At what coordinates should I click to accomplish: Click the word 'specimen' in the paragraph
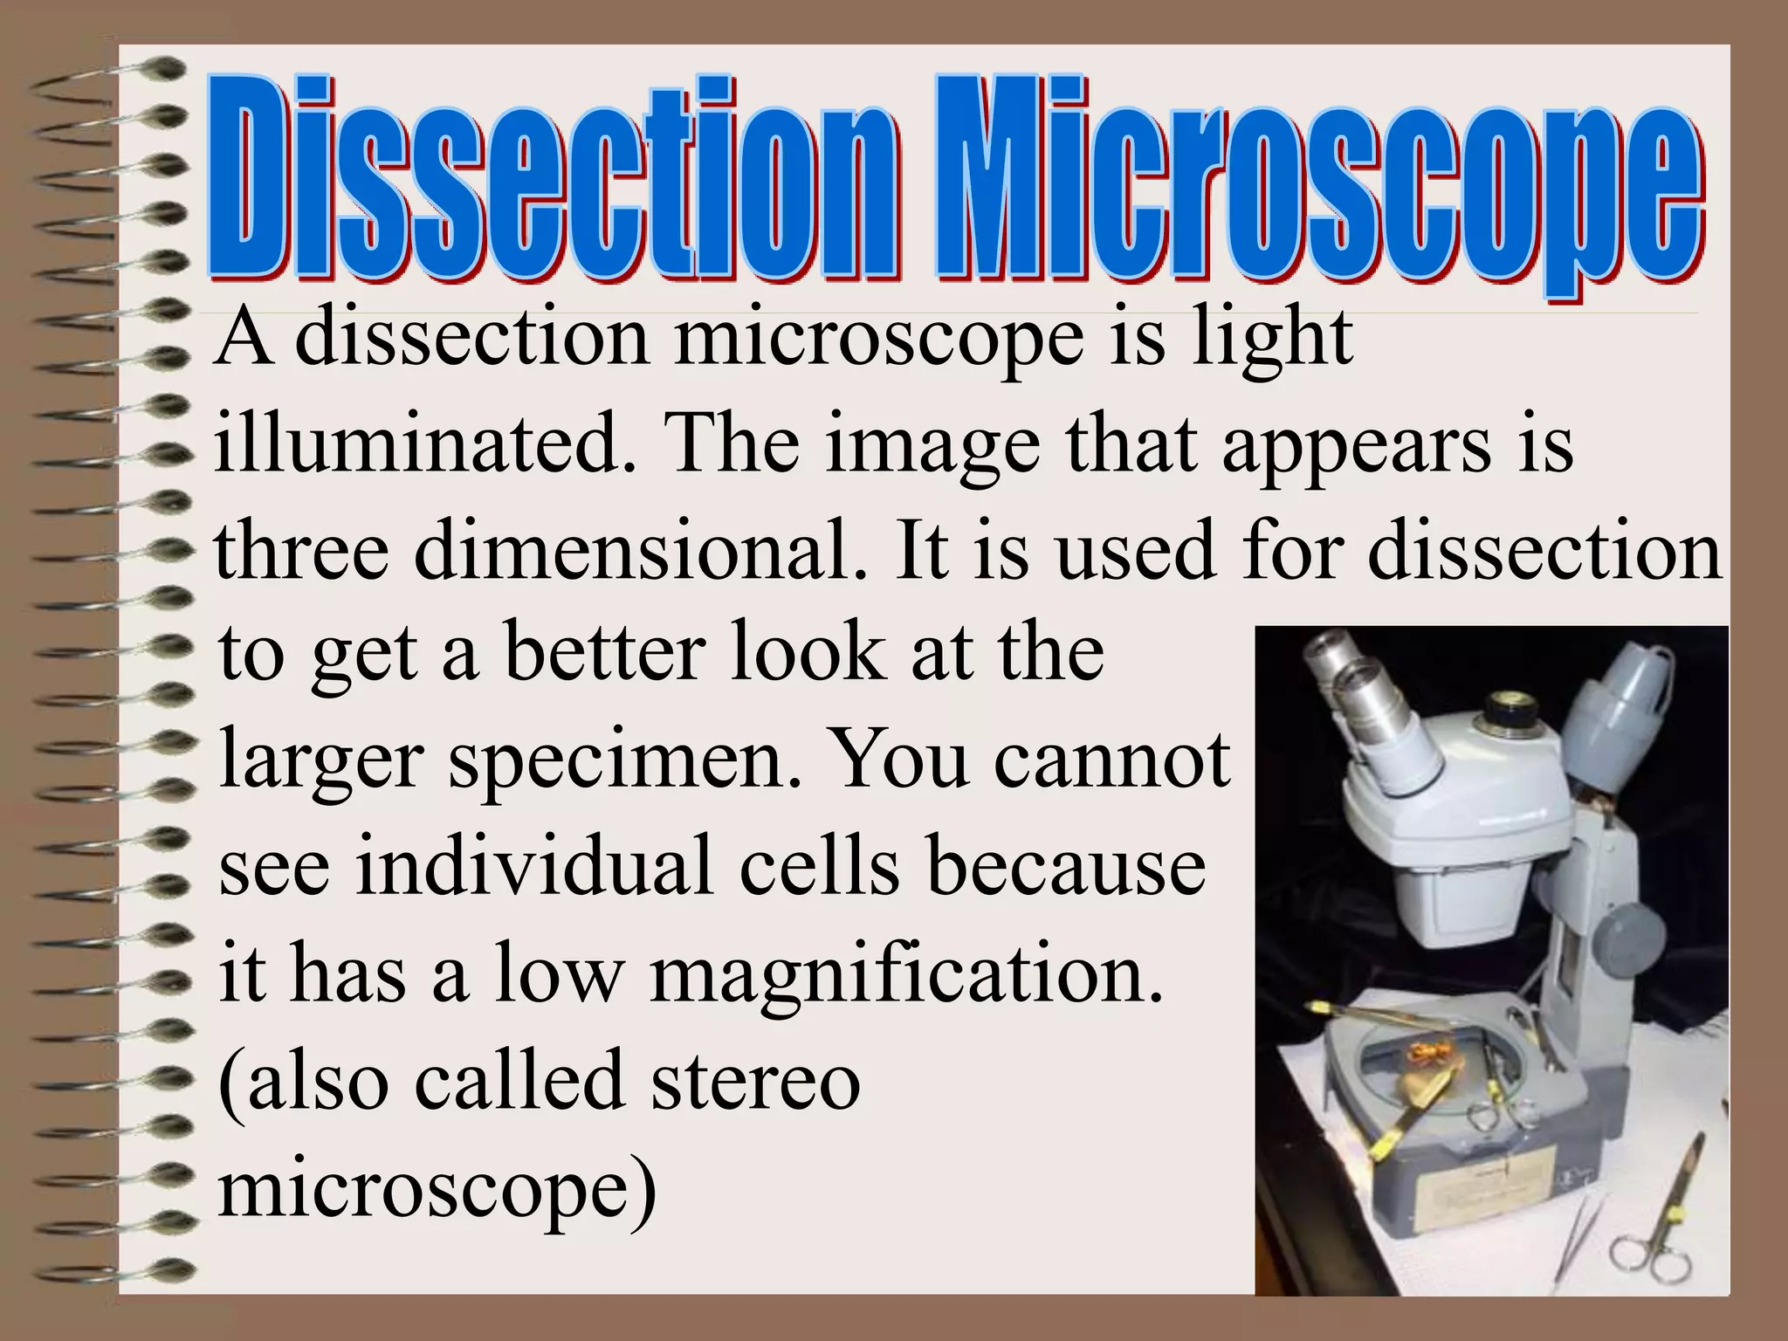point(623,760)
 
